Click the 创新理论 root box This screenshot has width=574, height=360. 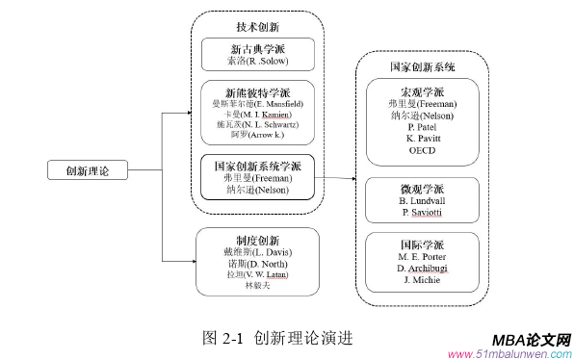coord(87,170)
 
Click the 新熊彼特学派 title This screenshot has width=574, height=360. coord(257,90)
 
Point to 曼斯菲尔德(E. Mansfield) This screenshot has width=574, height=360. coord(257,103)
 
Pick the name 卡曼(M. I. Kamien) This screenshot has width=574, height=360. coord(257,114)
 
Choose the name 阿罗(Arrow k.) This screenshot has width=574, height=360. coord(257,136)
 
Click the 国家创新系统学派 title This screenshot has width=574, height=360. coord(257,165)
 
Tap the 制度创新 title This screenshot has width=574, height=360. coord(257,240)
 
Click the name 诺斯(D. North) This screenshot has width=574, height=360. coord(257,263)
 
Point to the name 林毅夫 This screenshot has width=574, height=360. coord(257,285)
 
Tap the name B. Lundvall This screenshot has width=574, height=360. coord(422,200)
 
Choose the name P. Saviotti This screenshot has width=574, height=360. coord(422,212)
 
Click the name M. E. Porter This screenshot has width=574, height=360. coord(422,257)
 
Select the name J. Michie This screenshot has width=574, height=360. coord(422,280)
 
